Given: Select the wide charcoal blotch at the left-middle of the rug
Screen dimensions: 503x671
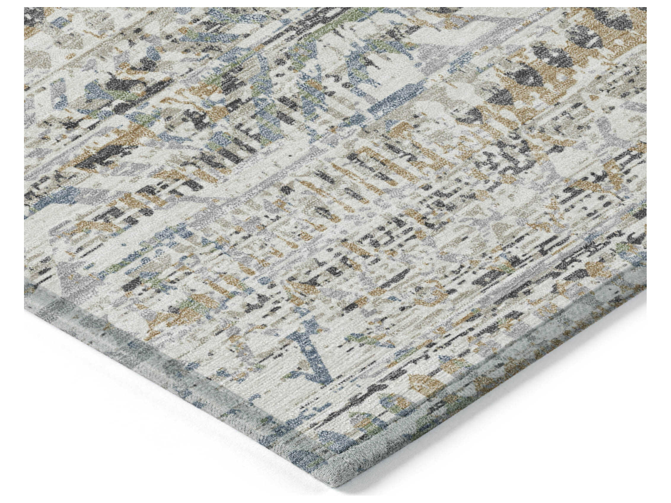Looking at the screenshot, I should [94, 161].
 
